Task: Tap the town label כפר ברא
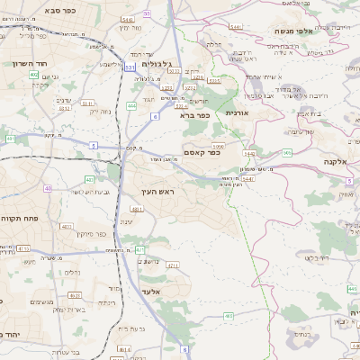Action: click(x=195, y=114)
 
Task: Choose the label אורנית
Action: click(x=236, y=112)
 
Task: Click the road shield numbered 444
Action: click(x=132, y=105)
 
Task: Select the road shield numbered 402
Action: click(x=33, y=75)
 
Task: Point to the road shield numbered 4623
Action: click(x=75, y=294)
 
